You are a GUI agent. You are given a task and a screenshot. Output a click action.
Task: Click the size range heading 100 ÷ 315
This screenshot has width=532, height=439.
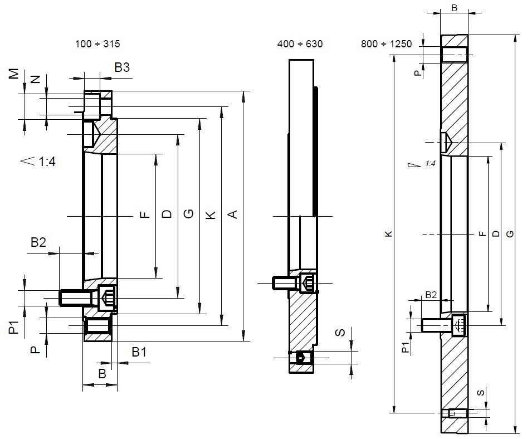click(97, 44)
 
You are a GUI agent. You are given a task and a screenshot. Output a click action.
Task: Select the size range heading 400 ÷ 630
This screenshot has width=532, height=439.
click(300, 44)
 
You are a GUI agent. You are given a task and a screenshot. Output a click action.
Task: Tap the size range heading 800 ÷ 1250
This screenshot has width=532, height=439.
click(387, 44)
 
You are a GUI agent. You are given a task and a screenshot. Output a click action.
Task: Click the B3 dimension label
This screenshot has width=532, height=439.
click(122, 67)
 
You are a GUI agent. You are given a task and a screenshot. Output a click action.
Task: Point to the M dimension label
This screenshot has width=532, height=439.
click(13, 74)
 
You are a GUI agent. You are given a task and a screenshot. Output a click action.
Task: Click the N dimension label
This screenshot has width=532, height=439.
click(36, 79)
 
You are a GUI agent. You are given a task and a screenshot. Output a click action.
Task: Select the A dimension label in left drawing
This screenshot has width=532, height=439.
click(232, 214)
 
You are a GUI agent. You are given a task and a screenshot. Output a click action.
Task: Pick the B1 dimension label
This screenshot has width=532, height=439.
click(139, 352)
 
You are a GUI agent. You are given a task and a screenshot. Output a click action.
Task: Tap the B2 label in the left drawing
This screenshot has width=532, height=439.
click(38, 242)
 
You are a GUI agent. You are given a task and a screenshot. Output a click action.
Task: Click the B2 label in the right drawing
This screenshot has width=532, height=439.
click(431, 295)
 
